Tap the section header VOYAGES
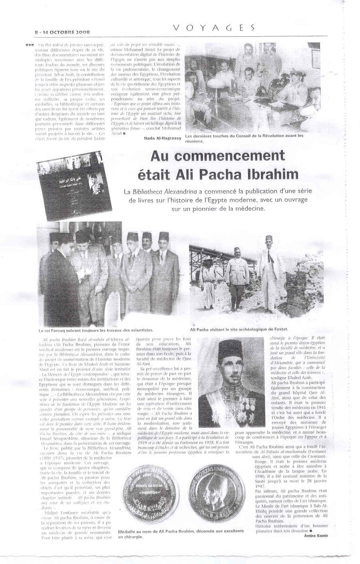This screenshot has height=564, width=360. tap(214, 27)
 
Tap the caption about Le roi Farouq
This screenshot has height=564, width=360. tap(96, 330)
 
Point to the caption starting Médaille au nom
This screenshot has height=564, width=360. tap(181, 534)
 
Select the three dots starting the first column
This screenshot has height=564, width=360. tap(29, 45)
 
